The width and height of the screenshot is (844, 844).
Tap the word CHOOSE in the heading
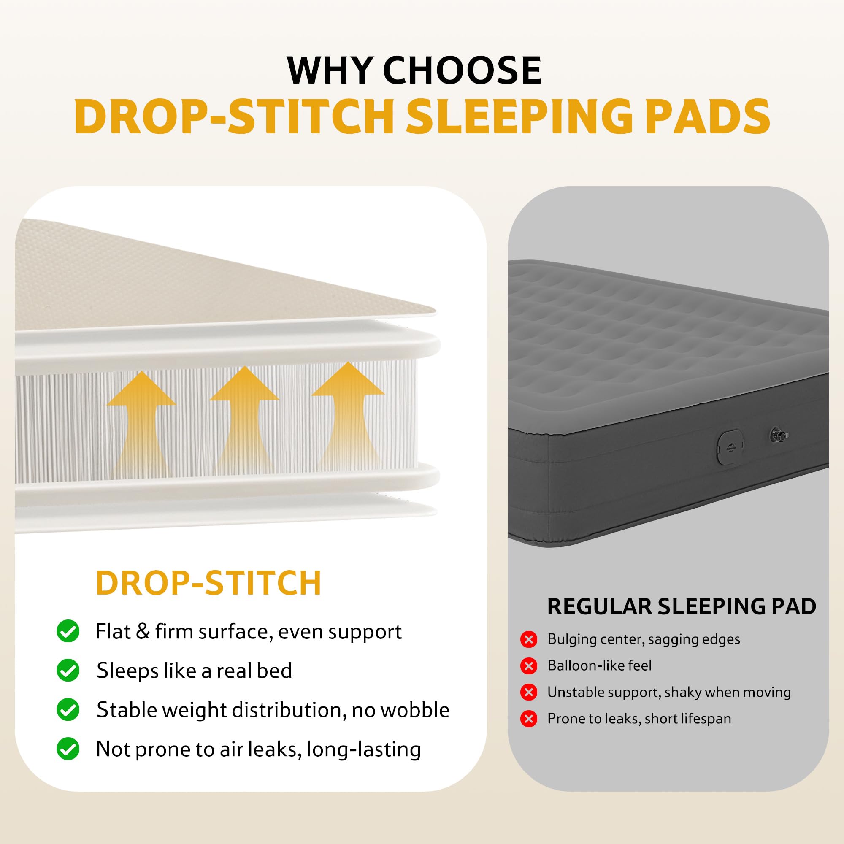pos(462,70)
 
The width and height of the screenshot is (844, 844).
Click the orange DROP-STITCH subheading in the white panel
pos(208,583)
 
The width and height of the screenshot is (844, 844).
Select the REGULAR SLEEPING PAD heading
pos(682,607)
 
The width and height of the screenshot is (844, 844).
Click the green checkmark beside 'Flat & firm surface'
pos(68,631)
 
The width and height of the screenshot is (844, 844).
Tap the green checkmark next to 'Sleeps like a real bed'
pos(68,670)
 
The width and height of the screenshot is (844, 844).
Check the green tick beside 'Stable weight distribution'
pos(68,709)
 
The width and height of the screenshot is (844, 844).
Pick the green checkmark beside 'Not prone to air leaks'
pos(68,749)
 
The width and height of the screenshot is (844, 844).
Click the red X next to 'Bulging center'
pos(529,640)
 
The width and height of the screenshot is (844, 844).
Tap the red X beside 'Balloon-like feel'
pos(529,666)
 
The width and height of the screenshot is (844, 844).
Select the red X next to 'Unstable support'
pos(529,693)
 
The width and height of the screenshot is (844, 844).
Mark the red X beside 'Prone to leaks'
pos(529,719)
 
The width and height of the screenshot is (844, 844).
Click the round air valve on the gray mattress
pos(779,435)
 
